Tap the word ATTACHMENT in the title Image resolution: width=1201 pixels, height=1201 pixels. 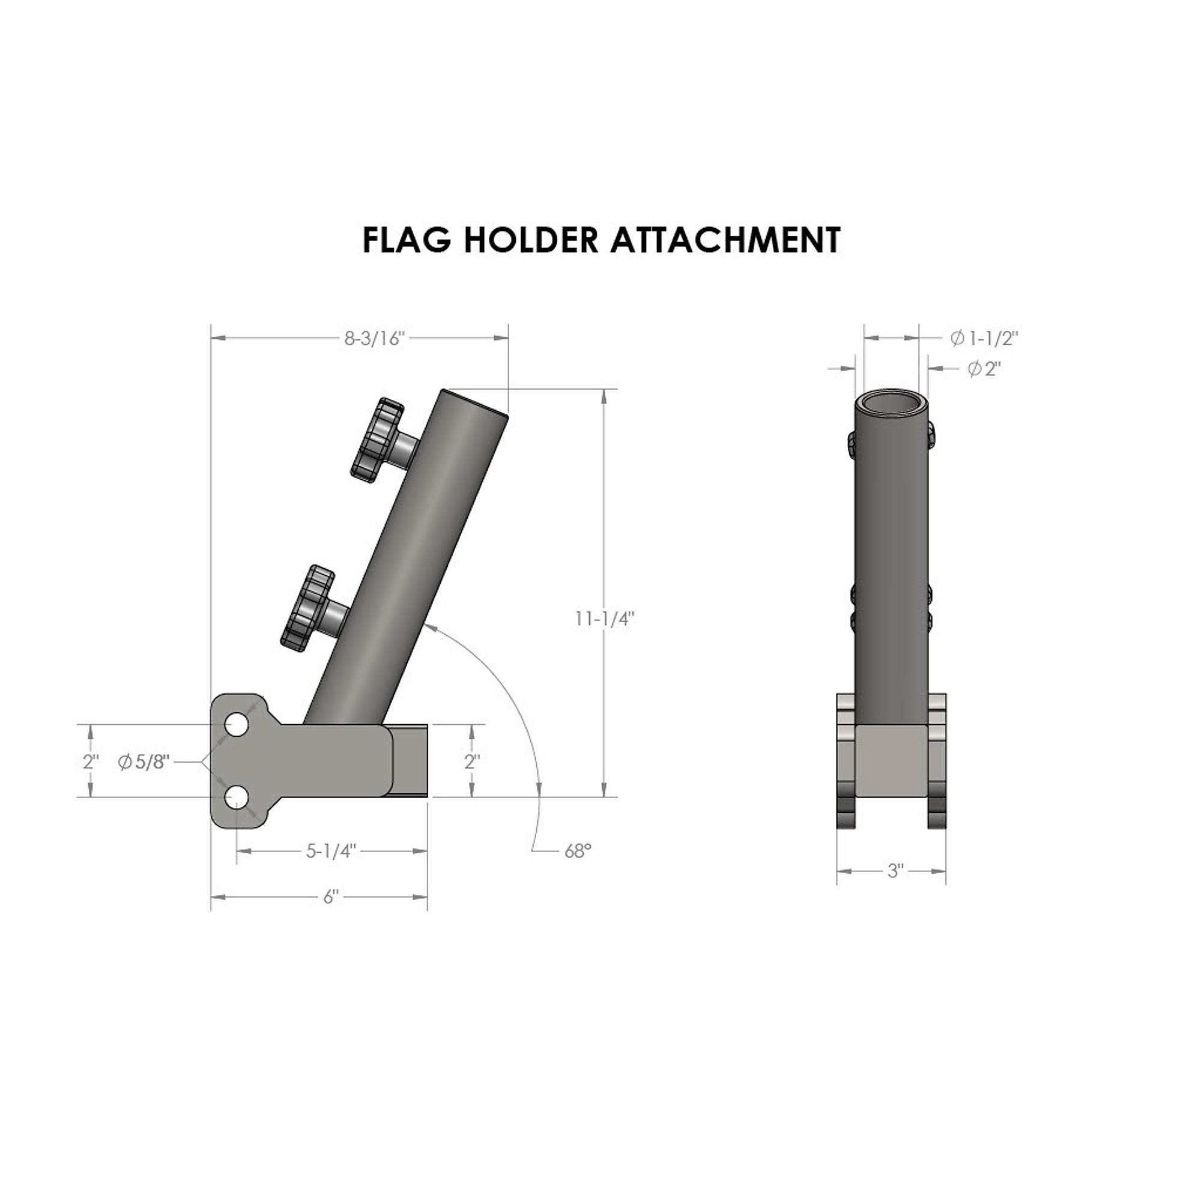(x=725, y=240)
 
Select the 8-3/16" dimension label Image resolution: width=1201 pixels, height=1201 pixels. (x=375, y=339)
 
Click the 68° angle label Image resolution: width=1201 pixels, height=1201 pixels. (x=578, y=851)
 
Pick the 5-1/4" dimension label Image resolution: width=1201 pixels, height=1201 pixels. (x=331, y=851)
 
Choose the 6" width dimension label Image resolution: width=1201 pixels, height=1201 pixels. (x=331, y=897)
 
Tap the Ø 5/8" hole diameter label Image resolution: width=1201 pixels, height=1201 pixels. (x=144, y=761)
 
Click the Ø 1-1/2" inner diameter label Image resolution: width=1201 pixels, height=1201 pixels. (x=985, y=338)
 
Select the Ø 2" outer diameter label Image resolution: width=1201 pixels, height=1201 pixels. (x=985, y=369)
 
